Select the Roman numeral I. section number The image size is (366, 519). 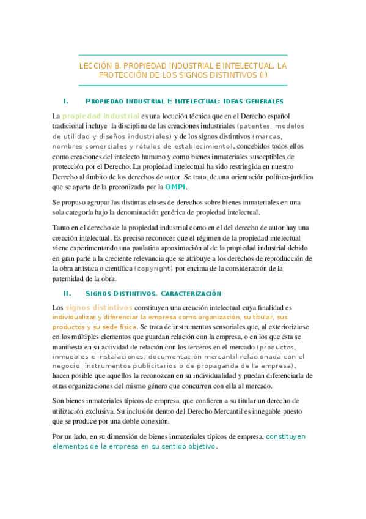point(65,100)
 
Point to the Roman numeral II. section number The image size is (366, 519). point(67,293)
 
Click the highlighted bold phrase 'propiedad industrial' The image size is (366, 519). point(101,115)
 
